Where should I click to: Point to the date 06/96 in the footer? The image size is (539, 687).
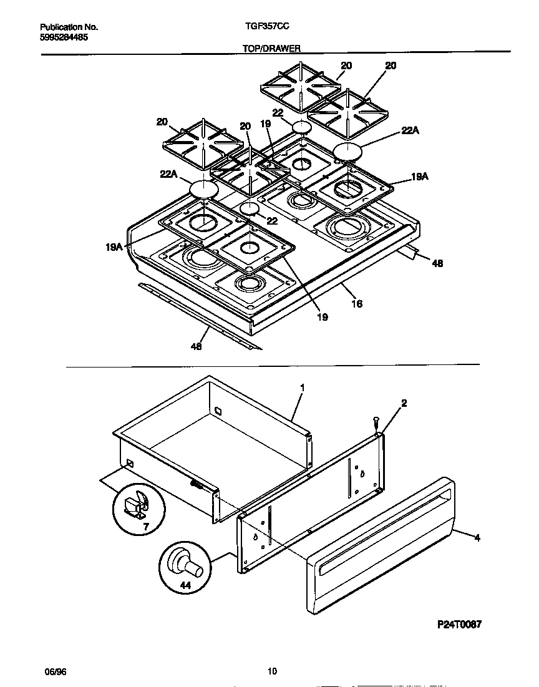pyautogui.click(x=55, y=671)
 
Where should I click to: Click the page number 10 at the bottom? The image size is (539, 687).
pyautogui.click(x=271, y=671)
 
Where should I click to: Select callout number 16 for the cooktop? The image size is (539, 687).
pyautogui.click(x=357, y=304)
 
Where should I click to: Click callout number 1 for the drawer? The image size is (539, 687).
pyautogui.click(x=303, y=387)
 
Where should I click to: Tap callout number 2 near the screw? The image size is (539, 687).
pyautogui.click(x=404, y=404)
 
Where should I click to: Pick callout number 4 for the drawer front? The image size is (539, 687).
pyautogui.click(x=477, y=537)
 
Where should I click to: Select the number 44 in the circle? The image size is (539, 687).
pyautogui.click(x=185, y=586)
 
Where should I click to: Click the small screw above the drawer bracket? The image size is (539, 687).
pyautogui.click(x=376, y=422)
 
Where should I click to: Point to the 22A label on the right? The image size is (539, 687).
pyautogui.click(x=410, y=130)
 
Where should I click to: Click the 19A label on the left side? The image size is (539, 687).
pyautogui.click(x=113, y=247)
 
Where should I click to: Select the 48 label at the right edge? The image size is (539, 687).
pyautogui.click(x=437, y=264)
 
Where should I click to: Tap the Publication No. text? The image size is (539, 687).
pyautogui.click(x=69, y=27)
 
